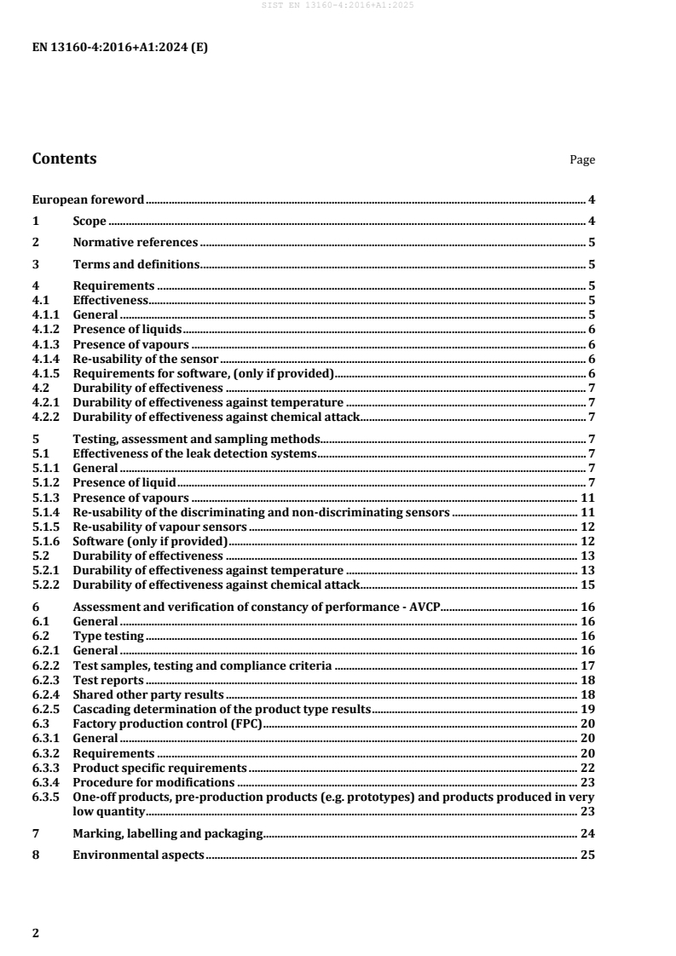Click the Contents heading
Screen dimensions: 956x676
(x=64, y=158)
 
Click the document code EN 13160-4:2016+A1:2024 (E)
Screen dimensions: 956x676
(x=119, y=48)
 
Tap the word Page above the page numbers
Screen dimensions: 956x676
(x=582, y=160)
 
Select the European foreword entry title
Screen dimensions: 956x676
(x=89, y=200)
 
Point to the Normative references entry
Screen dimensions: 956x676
(x=136, y=242)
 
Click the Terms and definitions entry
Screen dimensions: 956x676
(x=136, y=264)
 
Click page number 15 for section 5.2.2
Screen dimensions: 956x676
(x=587, y=585)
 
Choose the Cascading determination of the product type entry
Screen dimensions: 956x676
(x=222, y=709)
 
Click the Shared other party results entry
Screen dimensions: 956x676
(x=147, y=694)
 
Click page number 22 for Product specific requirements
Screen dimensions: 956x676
(x=587, y=768)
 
